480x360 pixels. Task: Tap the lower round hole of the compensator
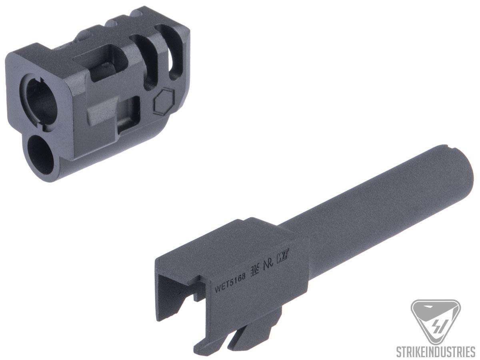(x=40, y=155)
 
